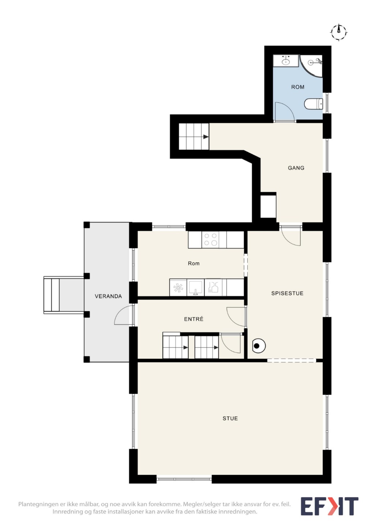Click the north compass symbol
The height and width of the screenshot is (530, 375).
coord(339,32)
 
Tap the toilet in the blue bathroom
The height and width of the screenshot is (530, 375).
coord(314,104)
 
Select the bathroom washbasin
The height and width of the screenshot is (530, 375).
coord(286,61)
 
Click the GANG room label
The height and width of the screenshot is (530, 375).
coord(296,168)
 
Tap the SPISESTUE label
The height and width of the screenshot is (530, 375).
coord(287,293)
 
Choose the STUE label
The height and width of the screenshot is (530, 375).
coord(230,418)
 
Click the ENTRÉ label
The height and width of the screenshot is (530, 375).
coord(194,319)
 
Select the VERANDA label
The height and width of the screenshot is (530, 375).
coord(108,296)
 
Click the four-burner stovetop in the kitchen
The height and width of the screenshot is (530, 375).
coord(211,239)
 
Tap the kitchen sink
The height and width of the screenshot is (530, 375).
coord(195,287)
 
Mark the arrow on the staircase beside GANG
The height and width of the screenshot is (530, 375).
coord(206,137)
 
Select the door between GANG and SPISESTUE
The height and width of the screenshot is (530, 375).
coord(290,236)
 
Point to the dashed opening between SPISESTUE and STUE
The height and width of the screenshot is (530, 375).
coord(291,361)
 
